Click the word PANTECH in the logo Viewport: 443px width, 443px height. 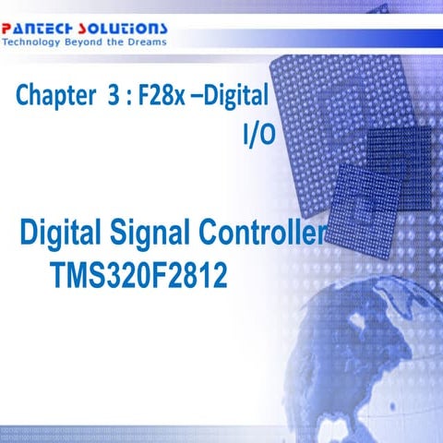(40, 28)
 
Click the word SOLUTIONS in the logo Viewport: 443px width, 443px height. (125, 28)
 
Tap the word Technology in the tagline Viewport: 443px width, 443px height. (32, 42)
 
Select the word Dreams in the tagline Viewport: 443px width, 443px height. (146, 42)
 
